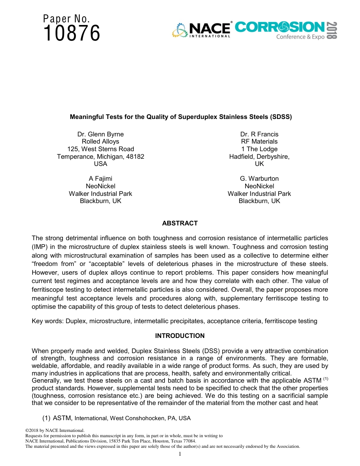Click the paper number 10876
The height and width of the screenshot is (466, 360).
coord(72,34)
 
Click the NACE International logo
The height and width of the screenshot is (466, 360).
coord(202,30)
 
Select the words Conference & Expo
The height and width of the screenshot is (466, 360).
coord(300,37)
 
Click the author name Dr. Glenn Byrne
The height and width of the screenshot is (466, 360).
coord(100,134)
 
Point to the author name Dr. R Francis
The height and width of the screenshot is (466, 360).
coord(259,134)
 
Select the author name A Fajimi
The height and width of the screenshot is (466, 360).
coord(100,178)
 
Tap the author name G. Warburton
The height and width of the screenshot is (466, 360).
coord(259,178)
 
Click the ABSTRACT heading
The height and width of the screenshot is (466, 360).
coord(180,223)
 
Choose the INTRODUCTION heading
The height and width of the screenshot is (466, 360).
coord(180,336)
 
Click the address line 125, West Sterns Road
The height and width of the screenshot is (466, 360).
coord(100,149)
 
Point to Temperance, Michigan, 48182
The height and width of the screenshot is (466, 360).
coord(100,156)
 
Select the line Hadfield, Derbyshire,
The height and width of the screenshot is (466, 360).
coord(259,156)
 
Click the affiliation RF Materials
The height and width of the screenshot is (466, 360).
coord(259,142)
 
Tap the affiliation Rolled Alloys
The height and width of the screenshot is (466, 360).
coord(100,142)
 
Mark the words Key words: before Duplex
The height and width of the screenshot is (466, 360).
coord(48,321)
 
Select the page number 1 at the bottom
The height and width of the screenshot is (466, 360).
coord(180,454)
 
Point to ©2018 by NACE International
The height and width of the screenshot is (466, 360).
coord(55,430)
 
